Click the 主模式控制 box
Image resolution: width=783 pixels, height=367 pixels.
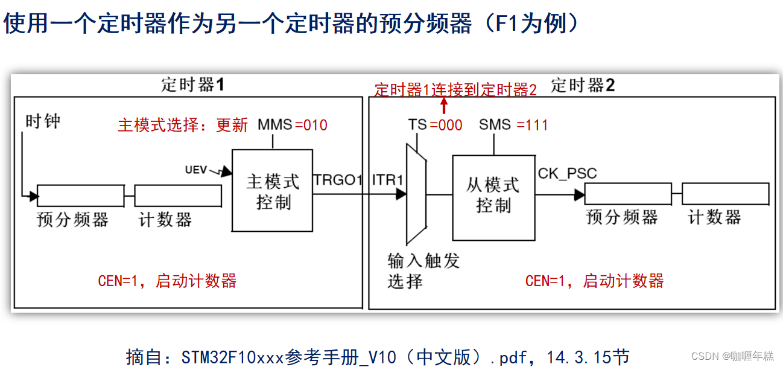click(x=273, y=191)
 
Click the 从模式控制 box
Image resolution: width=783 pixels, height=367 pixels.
click(x=493, y=194)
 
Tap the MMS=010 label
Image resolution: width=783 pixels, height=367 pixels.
click(x=292, y=126)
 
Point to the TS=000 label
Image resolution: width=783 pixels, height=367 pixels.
click(x=435, y=126)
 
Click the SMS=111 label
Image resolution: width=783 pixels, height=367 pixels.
click(x=513, y=126)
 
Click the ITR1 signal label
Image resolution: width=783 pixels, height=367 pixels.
click(x=388, y=179)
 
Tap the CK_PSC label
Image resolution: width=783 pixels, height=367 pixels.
click(x=567, y=174)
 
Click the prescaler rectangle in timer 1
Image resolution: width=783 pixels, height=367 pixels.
click(x=81, y=196)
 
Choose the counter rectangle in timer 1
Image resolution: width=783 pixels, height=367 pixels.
click(x=177, y=196)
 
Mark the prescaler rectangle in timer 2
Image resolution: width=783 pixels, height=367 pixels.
click(x=627, y=194)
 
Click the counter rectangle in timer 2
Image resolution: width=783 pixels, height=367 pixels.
click(x=725, y=194)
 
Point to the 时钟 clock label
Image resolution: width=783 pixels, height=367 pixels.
click(x=43, y=121)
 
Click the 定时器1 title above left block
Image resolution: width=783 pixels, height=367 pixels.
click(x=192, y=85)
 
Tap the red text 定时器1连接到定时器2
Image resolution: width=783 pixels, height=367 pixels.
click(x=455, y=91)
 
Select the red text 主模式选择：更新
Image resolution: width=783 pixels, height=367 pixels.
click(x=183, y=126)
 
